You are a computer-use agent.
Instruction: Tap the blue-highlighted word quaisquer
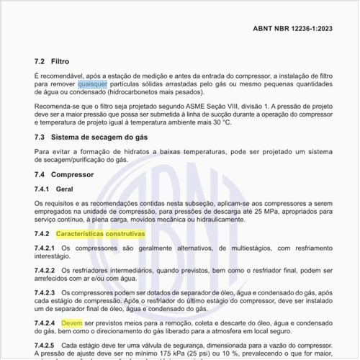click(93, 84)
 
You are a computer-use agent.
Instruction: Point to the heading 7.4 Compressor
click(65, 175)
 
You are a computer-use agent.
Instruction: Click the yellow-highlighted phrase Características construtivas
click(100, 235)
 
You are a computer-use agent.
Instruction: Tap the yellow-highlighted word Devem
click(72, 324)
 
